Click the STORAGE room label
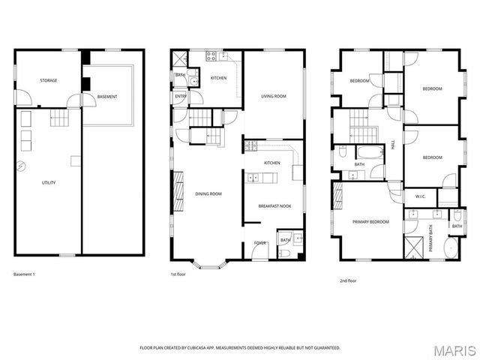point(49,80)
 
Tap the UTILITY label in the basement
point(49,182)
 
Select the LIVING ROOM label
point(274,96)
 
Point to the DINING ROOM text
point(209,194)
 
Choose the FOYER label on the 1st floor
point(260,243)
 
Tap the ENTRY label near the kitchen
point(181,96)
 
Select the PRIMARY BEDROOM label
point(371,222)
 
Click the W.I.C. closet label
point(421,197)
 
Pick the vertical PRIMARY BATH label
point(431,238)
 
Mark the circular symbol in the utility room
point(22,166)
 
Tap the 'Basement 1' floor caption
point(25,274)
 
